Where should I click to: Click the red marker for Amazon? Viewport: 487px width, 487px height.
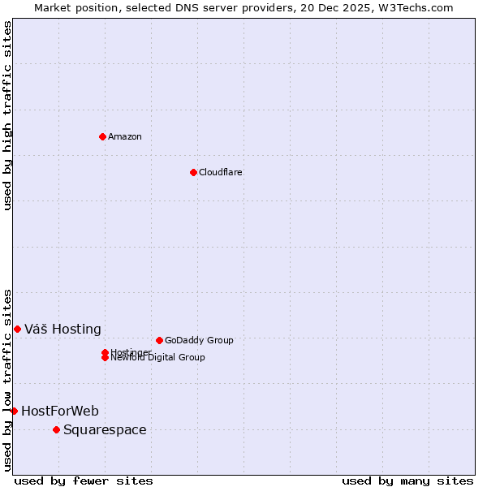point(102,136)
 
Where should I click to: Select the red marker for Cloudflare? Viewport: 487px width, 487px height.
point(193,172)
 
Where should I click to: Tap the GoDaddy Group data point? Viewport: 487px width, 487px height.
point(159,340)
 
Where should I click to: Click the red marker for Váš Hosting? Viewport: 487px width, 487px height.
point(17,329)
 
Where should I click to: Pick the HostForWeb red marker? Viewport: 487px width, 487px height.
point(14,411)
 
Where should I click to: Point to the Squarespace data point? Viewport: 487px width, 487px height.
point(56,429)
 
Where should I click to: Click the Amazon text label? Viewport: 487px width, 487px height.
point(124,136)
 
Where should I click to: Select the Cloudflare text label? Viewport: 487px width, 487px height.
point(220,172)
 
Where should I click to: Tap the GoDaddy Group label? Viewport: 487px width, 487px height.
point(199,340)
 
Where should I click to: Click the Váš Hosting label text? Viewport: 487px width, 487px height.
point(62,329)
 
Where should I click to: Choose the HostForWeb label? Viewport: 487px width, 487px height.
point(59,411)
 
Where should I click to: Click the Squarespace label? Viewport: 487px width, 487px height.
point(105,429)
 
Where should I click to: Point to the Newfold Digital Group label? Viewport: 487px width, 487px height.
point(157,358)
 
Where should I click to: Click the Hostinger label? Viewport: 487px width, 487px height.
point(131,351)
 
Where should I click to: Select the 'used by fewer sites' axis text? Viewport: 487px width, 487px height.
point(84,481)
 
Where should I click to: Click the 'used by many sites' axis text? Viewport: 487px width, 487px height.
point(407,481)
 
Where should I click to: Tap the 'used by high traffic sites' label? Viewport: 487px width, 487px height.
point(7,115)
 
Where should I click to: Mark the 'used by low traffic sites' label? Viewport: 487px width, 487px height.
point(7,379)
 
